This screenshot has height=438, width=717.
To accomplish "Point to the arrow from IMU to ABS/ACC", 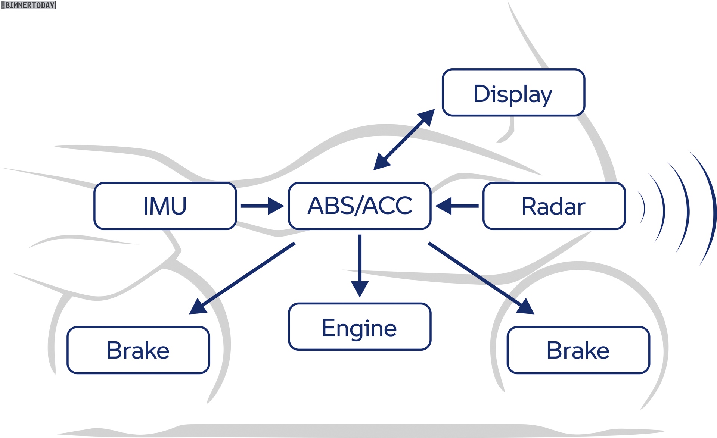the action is [x=263, y=206].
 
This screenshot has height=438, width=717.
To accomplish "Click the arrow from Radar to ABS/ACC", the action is [x=457, y=206].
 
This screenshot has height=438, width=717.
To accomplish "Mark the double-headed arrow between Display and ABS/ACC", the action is [x=404, y=140].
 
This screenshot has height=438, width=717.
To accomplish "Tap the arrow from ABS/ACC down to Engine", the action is [x=360, y=266].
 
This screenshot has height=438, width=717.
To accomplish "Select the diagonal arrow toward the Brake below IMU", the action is [x=242, y=278].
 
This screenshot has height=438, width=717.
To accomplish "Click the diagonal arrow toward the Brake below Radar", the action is [x=481, y=278].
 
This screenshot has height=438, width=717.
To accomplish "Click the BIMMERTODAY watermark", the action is [x=28, y=5].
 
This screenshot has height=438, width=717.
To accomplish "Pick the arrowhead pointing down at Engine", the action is [x=360, y=289].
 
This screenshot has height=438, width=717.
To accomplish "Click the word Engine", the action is [x=359, y=328].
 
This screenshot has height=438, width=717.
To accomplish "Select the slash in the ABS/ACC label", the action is [x=359, y=206].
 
